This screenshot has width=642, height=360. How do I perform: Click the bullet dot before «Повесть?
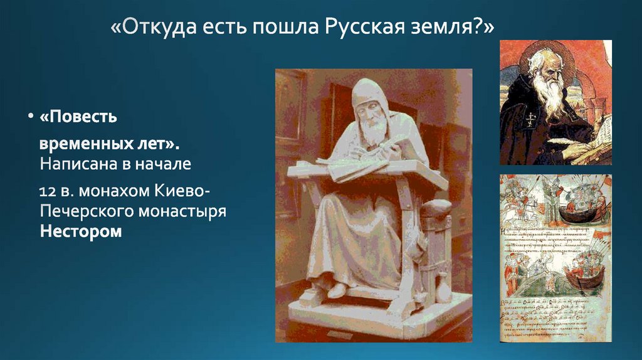(29, 117)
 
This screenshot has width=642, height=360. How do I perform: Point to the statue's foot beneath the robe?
(335, 290)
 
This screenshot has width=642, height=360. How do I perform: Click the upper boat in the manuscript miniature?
(580, 210)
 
